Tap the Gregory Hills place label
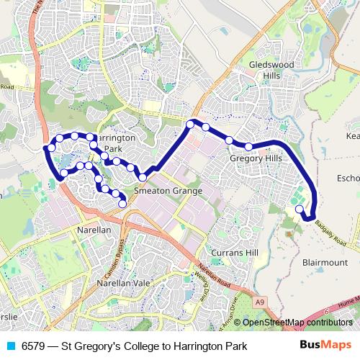(x=253, y=158)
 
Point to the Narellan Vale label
(x=124, y=283)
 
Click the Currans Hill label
(x=234, y=253)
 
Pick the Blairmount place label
(x=325, y=262)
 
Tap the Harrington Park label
(x=115, y=142)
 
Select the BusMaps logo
(x=325, y=346)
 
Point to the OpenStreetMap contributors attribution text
(x=297, y=323)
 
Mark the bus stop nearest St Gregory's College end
(x=300, y=210)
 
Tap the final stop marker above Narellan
(x=122, y=204)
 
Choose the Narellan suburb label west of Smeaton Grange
(x=94, y=230)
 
